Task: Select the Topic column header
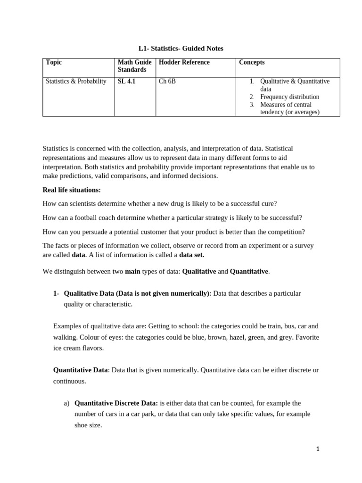54,62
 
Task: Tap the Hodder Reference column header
184,62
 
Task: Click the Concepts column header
252,62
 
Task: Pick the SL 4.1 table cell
126,81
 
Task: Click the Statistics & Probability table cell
76,81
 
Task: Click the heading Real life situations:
72,190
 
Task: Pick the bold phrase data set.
192,255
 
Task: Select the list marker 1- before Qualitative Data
56,293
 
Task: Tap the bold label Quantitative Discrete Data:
116,403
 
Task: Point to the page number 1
318,449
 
